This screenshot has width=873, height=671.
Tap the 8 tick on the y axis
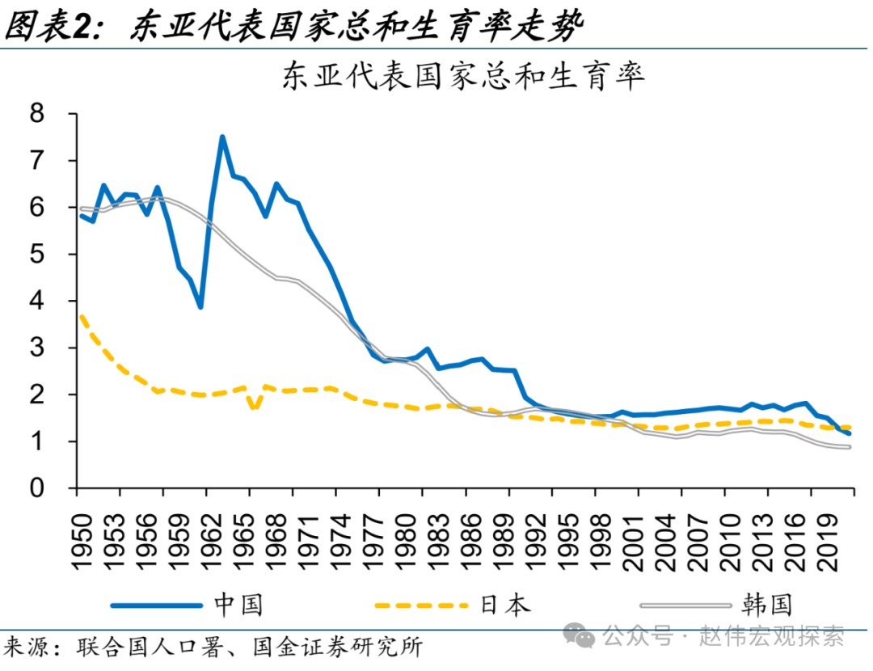[x=38, y=114]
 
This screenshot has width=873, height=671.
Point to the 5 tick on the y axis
[x=38, y=255]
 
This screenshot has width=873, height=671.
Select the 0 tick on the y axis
[x=38, y=488]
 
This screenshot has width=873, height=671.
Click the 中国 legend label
[x=238, y=604]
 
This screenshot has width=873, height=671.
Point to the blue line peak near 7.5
[x=221, y=137]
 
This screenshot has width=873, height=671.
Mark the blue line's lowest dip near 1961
[x=200, y=307]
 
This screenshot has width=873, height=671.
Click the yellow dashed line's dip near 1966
[x=254, y=407]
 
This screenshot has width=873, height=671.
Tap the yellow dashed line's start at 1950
[x=80, y=316]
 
